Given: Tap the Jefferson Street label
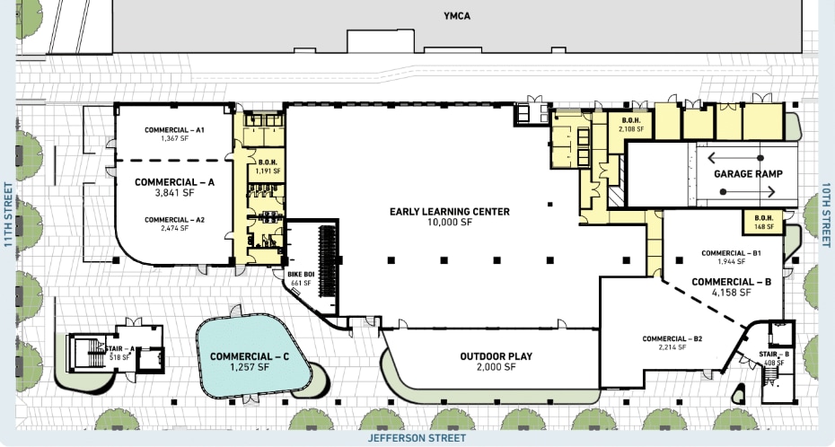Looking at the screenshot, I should click(x=417, y=438).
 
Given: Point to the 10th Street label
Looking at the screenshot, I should click(x=826, y=214).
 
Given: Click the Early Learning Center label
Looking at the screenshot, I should click(x=450, y=212).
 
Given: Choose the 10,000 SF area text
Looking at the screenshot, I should click(x=450, y=223).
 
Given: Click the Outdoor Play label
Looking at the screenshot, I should click(x=496, y=356).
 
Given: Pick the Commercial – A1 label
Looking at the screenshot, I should click(x=175, y=130).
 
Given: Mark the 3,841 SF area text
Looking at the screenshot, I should click(x=175, y=193).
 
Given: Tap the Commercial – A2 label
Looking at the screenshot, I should click(x=175, y=220).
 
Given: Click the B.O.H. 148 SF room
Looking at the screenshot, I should click(x=758, y=221).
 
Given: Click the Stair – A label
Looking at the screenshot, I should click(x=120, y=349).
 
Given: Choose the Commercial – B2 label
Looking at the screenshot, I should click(x=672, y=338).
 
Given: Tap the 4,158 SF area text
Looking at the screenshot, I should click(x=732, y=293).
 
